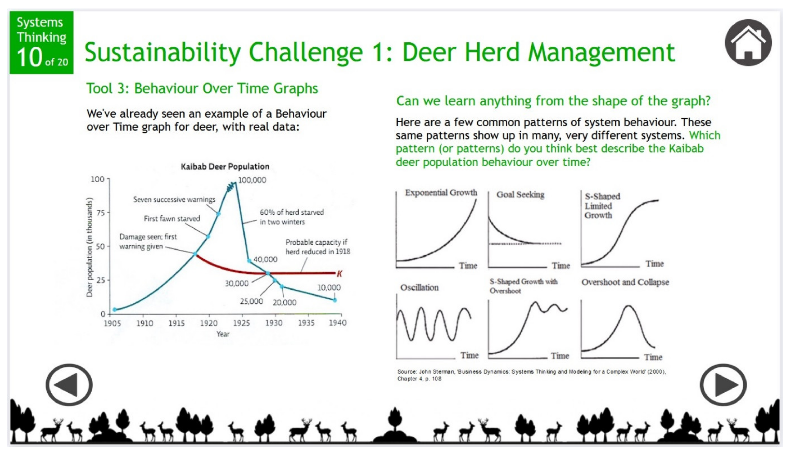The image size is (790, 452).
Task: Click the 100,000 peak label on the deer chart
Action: click(252, 180)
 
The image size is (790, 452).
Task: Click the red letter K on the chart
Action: click(340, 273)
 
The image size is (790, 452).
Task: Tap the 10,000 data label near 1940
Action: click(329, 287)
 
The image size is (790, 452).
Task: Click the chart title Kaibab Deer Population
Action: click(225, 166)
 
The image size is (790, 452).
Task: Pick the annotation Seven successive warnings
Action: click(174, 199)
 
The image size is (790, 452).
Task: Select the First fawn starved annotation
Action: click(172, 219)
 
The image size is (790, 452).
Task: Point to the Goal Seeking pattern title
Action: click(520, 195)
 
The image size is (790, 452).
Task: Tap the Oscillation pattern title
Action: click(419, 287)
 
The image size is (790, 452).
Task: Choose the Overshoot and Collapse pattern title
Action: click(625, 282)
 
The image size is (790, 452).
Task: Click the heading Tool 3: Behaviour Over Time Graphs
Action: click(202, 88)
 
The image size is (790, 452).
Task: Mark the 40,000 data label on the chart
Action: click(265, 259)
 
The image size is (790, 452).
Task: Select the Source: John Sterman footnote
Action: click(531, 375)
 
